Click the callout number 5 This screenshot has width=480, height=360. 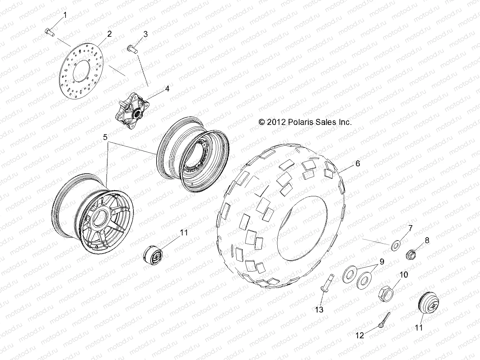[105, 138]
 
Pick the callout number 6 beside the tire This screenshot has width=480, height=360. [357, 163]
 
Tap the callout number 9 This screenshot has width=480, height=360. [382, 262]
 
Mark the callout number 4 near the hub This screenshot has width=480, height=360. [166, 89]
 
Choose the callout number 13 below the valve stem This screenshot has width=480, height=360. [319, 309]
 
